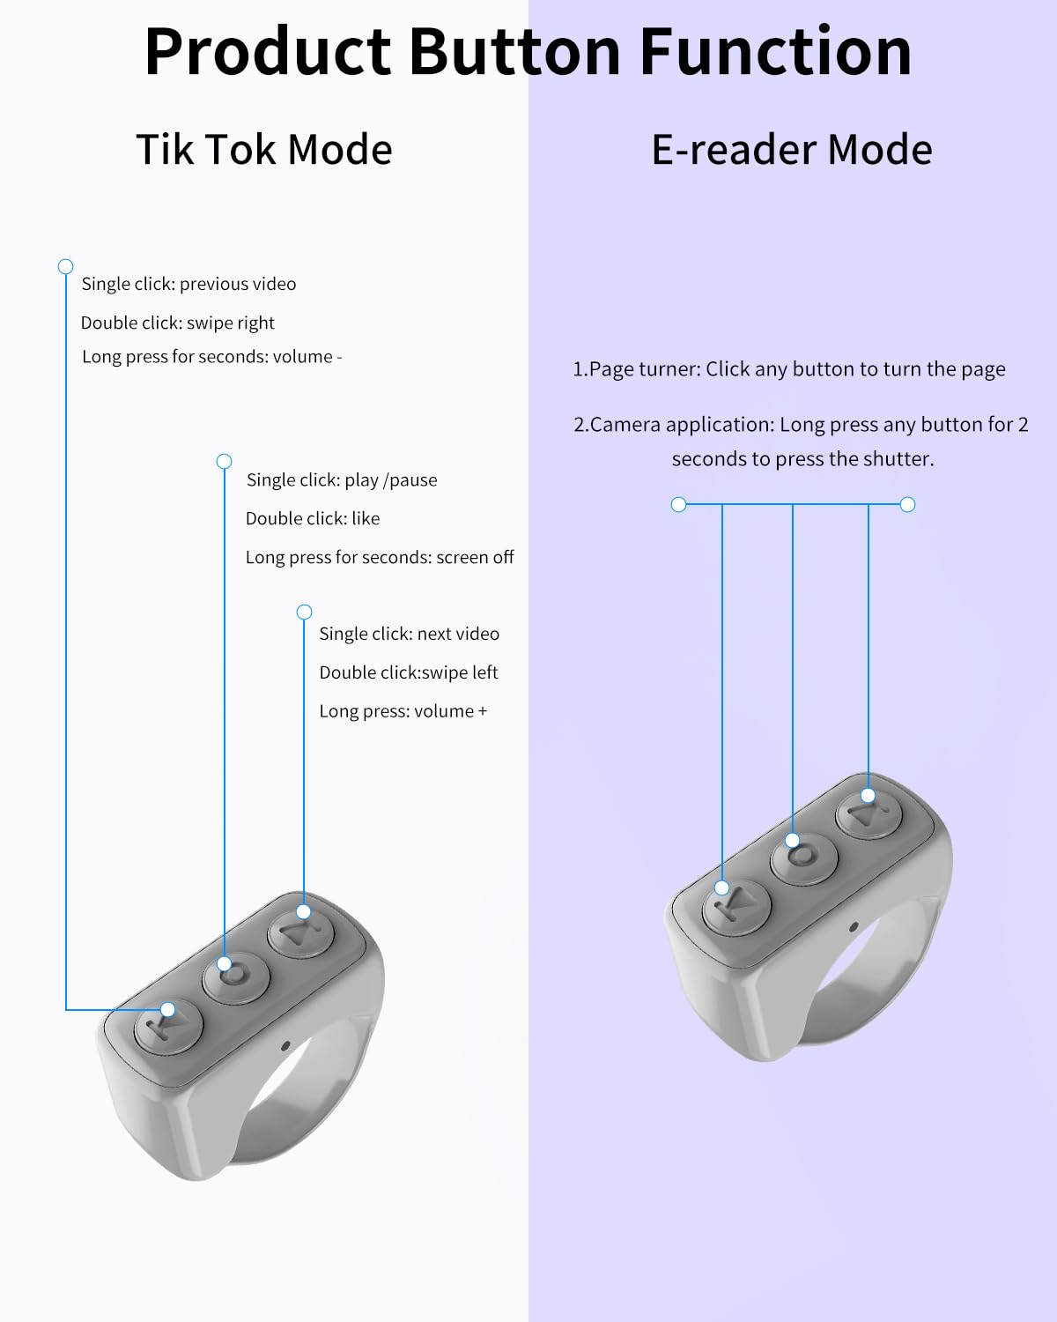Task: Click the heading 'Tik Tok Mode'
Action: coord(264,150)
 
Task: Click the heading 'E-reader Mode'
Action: coord(792,150)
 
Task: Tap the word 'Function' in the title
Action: coord(776,52)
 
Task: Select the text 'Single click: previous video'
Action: coord(188,284)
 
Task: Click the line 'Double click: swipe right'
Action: coord(178,323)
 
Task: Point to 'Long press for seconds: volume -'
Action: coord(212,357)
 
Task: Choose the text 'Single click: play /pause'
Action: coord(342,479)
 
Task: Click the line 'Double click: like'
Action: coord(313,518)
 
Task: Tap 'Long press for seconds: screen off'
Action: coord(380,557)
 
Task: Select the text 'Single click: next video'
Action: coord(409,634)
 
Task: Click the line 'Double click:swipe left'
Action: coord(409,672)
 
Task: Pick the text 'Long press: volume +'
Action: coord(403,711)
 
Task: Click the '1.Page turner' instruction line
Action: coord(789,369)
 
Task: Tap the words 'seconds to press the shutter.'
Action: coord(802,459)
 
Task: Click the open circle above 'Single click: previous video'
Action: coord(66,267)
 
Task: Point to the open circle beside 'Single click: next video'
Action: coord(304,612)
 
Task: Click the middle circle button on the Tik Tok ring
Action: coord(236,978)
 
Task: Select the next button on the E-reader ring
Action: coord(869,814)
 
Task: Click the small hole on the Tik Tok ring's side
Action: coord(285,1045)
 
